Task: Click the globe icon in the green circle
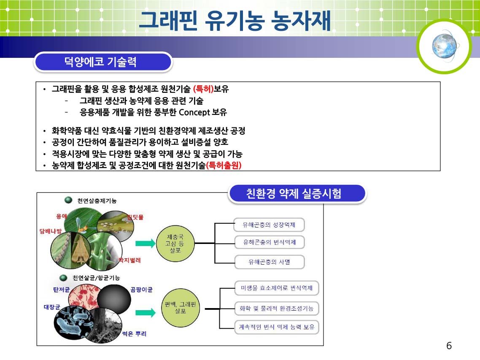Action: click(444, 46)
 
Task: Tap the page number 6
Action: click(449, 346)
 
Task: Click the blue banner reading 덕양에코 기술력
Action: click(103, 62)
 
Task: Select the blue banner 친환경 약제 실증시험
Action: click(297, 194)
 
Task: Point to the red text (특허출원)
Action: click(224, 165)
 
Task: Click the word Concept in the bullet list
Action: click(194, 112)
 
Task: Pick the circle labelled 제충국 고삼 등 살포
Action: click(175, 244)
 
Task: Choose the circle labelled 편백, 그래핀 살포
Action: click(180, 308)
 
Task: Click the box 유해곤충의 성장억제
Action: click(269, 225)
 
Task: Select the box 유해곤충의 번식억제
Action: click(270, 242)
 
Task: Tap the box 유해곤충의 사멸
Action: click(270, 262)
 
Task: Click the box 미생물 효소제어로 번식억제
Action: click(277, 288)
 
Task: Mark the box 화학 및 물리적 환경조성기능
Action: click(277, 309)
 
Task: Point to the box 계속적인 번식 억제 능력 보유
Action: click(277, 327)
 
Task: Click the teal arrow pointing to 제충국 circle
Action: click(146, 244)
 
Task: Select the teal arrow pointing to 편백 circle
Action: click(146, 312)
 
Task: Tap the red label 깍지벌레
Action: click(130, 260)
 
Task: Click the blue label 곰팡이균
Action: click(141, 290)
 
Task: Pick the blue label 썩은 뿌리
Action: click(135, 334)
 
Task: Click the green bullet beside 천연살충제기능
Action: click(68, 200)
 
